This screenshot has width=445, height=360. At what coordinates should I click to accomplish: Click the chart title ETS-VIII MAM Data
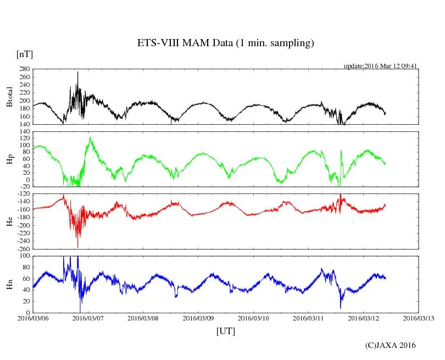[225, 43]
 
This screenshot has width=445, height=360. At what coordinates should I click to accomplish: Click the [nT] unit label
[24, 54]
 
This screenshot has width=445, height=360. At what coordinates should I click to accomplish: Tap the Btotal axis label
[9, 97]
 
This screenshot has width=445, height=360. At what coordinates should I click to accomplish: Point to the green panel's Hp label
[9, 159]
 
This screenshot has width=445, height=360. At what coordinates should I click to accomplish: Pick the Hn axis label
[9, 284]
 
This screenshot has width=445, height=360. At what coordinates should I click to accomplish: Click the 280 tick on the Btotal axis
[24, 69]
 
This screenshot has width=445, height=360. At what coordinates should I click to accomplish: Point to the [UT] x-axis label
[226, 331]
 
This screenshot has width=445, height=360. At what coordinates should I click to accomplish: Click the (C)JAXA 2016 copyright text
[391, 345]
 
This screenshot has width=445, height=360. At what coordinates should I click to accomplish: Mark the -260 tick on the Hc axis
[23, 248]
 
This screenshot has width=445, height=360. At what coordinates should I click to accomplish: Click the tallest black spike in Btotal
[77, 72]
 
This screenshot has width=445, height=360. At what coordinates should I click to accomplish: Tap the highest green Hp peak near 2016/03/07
[90, 137]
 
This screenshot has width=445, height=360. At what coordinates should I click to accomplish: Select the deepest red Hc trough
[77, 247]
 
